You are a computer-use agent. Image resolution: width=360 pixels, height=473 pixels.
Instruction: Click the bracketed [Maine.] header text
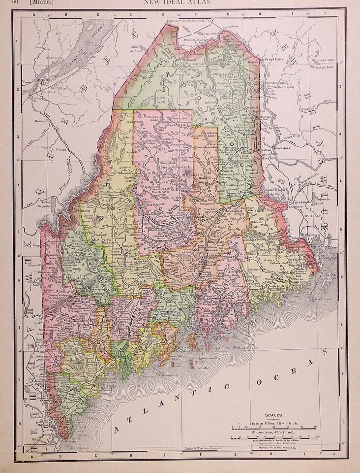[x=41, y=3]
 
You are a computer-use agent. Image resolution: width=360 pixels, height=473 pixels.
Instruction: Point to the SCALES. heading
[x=274, y=415]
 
